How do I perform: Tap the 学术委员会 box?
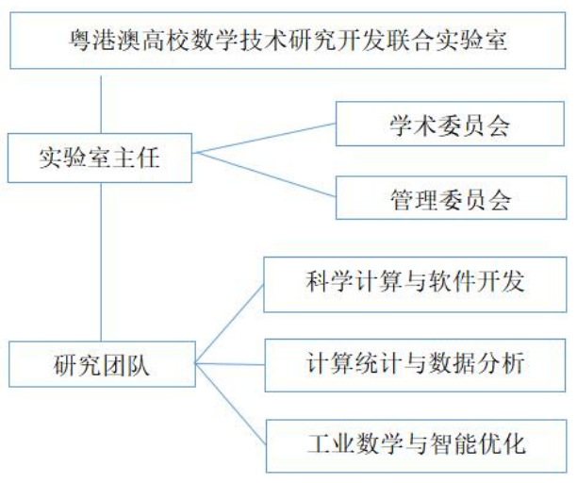pos(450,125)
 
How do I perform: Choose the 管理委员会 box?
pos(450,198)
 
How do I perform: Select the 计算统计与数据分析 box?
pos(414,363)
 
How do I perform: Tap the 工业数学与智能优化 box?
pos(414,441)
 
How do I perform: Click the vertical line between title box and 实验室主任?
pos(100,100)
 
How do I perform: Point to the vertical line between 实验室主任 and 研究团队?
pos(100,262)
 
